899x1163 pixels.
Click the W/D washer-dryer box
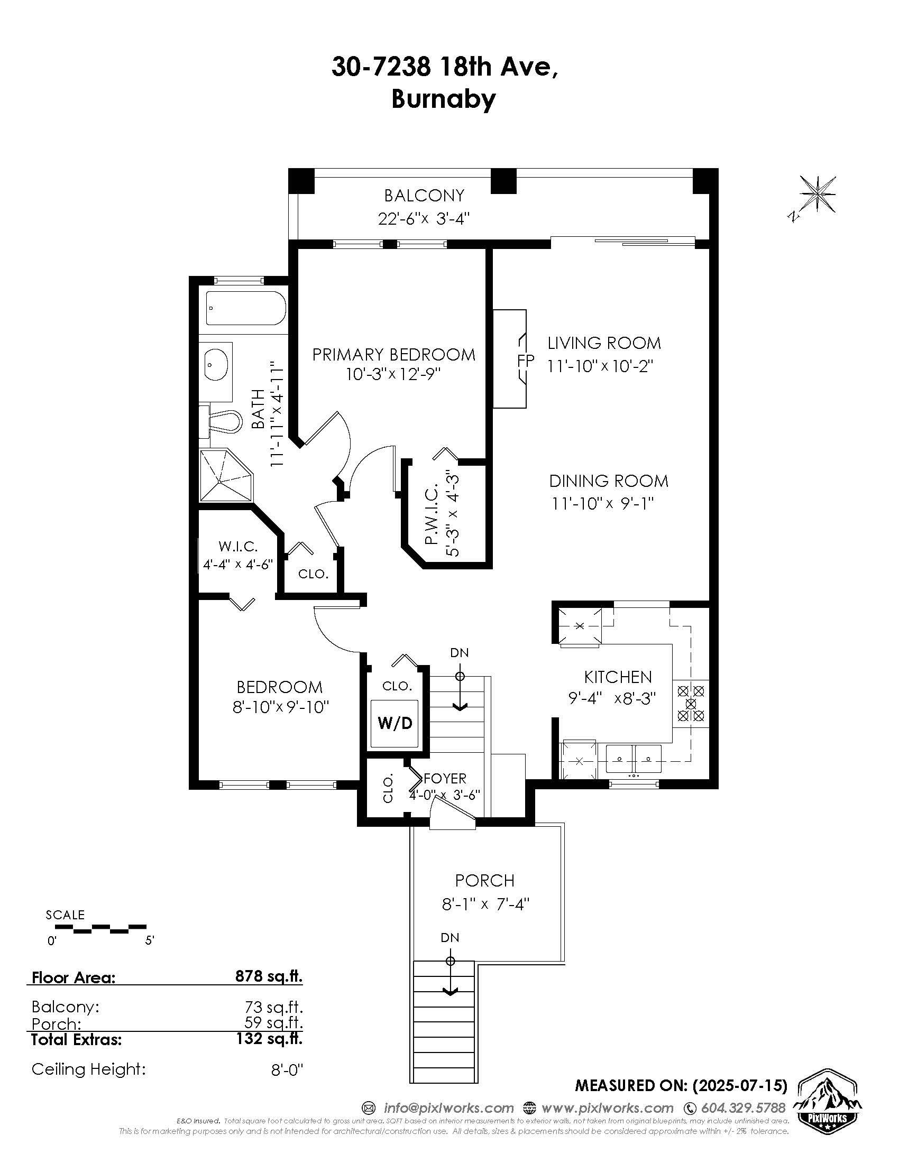395,723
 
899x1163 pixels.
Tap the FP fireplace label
525,360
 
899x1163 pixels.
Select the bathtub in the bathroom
246,308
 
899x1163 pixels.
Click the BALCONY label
425,196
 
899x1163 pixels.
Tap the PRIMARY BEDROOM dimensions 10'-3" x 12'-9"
394,374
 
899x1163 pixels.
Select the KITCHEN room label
618,677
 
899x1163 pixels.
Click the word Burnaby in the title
444,99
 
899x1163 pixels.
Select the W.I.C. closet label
238,547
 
